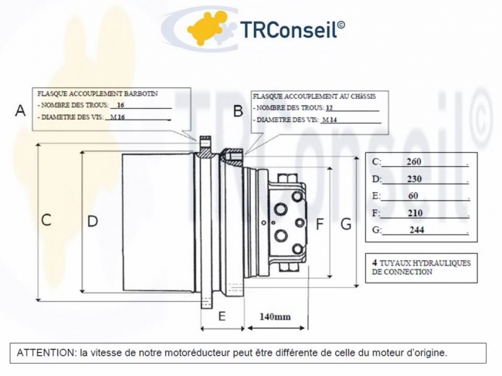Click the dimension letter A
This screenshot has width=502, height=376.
(20, 111)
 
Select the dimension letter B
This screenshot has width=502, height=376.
(239, 111)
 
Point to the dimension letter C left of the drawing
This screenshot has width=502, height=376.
(46, 220)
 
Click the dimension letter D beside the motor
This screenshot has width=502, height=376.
(93, 221)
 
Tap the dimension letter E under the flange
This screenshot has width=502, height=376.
(221, 316)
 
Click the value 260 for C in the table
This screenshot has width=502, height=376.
(413, 162)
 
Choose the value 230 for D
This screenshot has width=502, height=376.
(413, 179)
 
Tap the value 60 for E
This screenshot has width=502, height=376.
(413, 196)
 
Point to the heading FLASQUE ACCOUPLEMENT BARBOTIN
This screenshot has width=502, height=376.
(97, 92)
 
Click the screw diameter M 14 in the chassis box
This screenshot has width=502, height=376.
(330, 120)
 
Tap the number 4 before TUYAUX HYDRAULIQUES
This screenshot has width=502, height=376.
(375, 263)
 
